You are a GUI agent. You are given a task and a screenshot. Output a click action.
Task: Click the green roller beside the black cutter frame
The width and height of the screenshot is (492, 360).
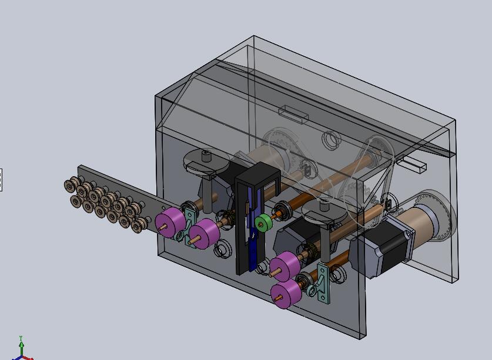[x=263, y=222]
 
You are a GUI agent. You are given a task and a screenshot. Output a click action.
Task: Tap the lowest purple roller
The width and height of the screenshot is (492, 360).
[x=284, y=294]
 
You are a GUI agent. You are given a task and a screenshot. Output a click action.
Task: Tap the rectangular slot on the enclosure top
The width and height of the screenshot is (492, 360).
[x=293, y=112]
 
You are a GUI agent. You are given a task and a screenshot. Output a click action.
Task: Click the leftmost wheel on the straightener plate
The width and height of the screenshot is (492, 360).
[x=69, y=185]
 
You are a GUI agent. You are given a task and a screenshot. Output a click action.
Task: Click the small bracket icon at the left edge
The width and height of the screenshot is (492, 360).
[x=1, y=180]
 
